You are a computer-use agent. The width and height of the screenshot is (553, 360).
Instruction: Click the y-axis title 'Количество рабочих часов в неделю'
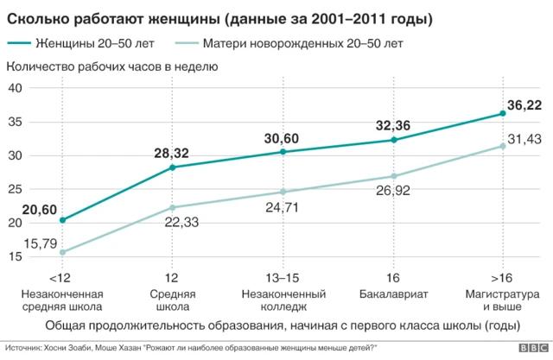(x=112, y=66)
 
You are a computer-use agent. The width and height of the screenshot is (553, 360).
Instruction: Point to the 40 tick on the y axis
(x=16, y=88)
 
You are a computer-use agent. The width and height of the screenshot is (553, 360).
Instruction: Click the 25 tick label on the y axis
(x=16, y=189)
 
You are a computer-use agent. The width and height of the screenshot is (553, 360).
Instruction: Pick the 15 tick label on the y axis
(x=16, y=256)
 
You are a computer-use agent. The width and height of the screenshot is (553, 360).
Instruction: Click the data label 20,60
(x=39, y=210)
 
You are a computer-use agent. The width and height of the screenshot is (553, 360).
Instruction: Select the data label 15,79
(x=39, y=243)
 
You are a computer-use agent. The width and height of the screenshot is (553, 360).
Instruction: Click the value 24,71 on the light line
(x=283, y=208)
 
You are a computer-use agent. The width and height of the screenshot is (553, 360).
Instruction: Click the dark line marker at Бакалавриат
(x=394, y=140)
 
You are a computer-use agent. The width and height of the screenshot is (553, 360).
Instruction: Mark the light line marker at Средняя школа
(x=173, y=207)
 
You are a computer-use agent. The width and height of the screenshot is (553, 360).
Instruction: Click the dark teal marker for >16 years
(x=504, y=113)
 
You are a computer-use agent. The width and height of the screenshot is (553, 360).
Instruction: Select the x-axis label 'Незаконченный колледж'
(x=283, y=300)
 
